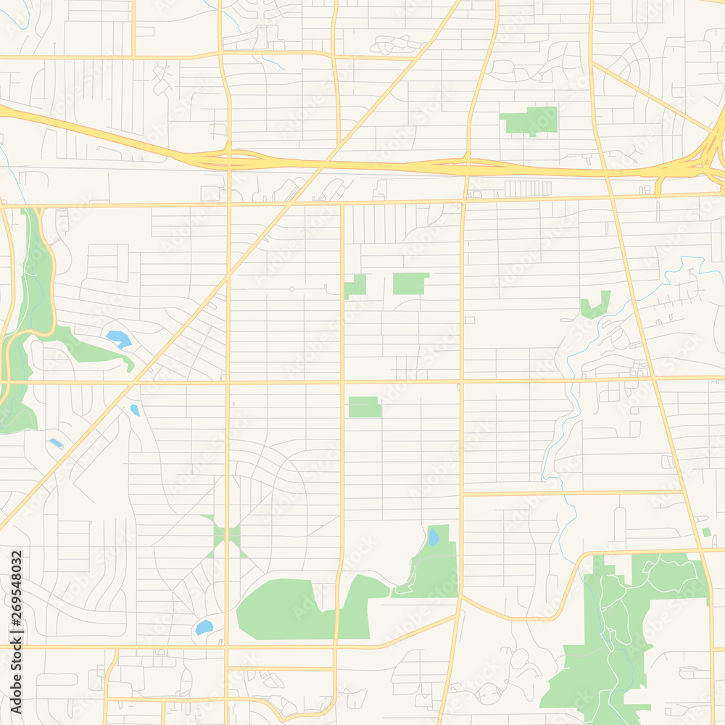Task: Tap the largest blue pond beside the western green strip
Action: [x=118, y=338]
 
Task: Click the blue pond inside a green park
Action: [x=433, y=537]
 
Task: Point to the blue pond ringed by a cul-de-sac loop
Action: [x=204, y=627]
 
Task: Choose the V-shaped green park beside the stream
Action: [x=595, y=307]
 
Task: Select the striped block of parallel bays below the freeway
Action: [x=528, y=188]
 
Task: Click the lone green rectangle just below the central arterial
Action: [x=365, y=407]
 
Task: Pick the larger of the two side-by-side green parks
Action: [x=410, y=283]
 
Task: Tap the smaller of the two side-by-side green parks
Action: [x=355, y=286]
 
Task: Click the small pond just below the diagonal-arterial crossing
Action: [x=135, y=410]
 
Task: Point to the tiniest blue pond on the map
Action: [x=56, y=443]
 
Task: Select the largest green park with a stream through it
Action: [x=623, y=631]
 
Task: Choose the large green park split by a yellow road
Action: [x=304, y=609]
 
